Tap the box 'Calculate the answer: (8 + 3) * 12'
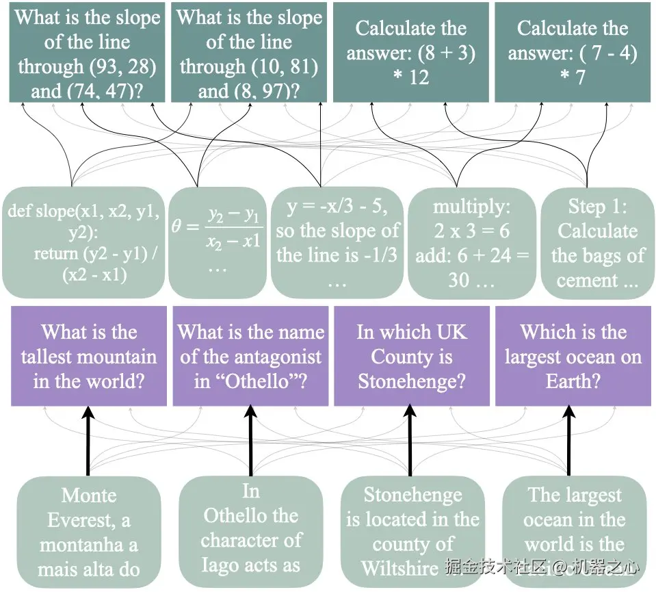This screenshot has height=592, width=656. [x=410, y=53]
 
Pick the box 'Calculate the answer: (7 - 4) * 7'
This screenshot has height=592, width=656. [x=572, y=53]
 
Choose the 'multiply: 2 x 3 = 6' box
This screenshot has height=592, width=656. [x=472, y=242]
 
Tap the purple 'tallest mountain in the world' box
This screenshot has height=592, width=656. [x=88, y=356]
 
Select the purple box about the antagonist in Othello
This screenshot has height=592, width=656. [x=250, y=356]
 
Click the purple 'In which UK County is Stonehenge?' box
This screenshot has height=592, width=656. [x=411, y=356]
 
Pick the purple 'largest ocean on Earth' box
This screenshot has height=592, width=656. [x=573, y=356]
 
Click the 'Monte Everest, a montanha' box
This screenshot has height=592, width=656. [x=88, y=532]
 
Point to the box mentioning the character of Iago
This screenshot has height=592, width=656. [x=250, y=532]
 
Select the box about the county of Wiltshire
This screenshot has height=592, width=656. [x=411, y=532]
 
